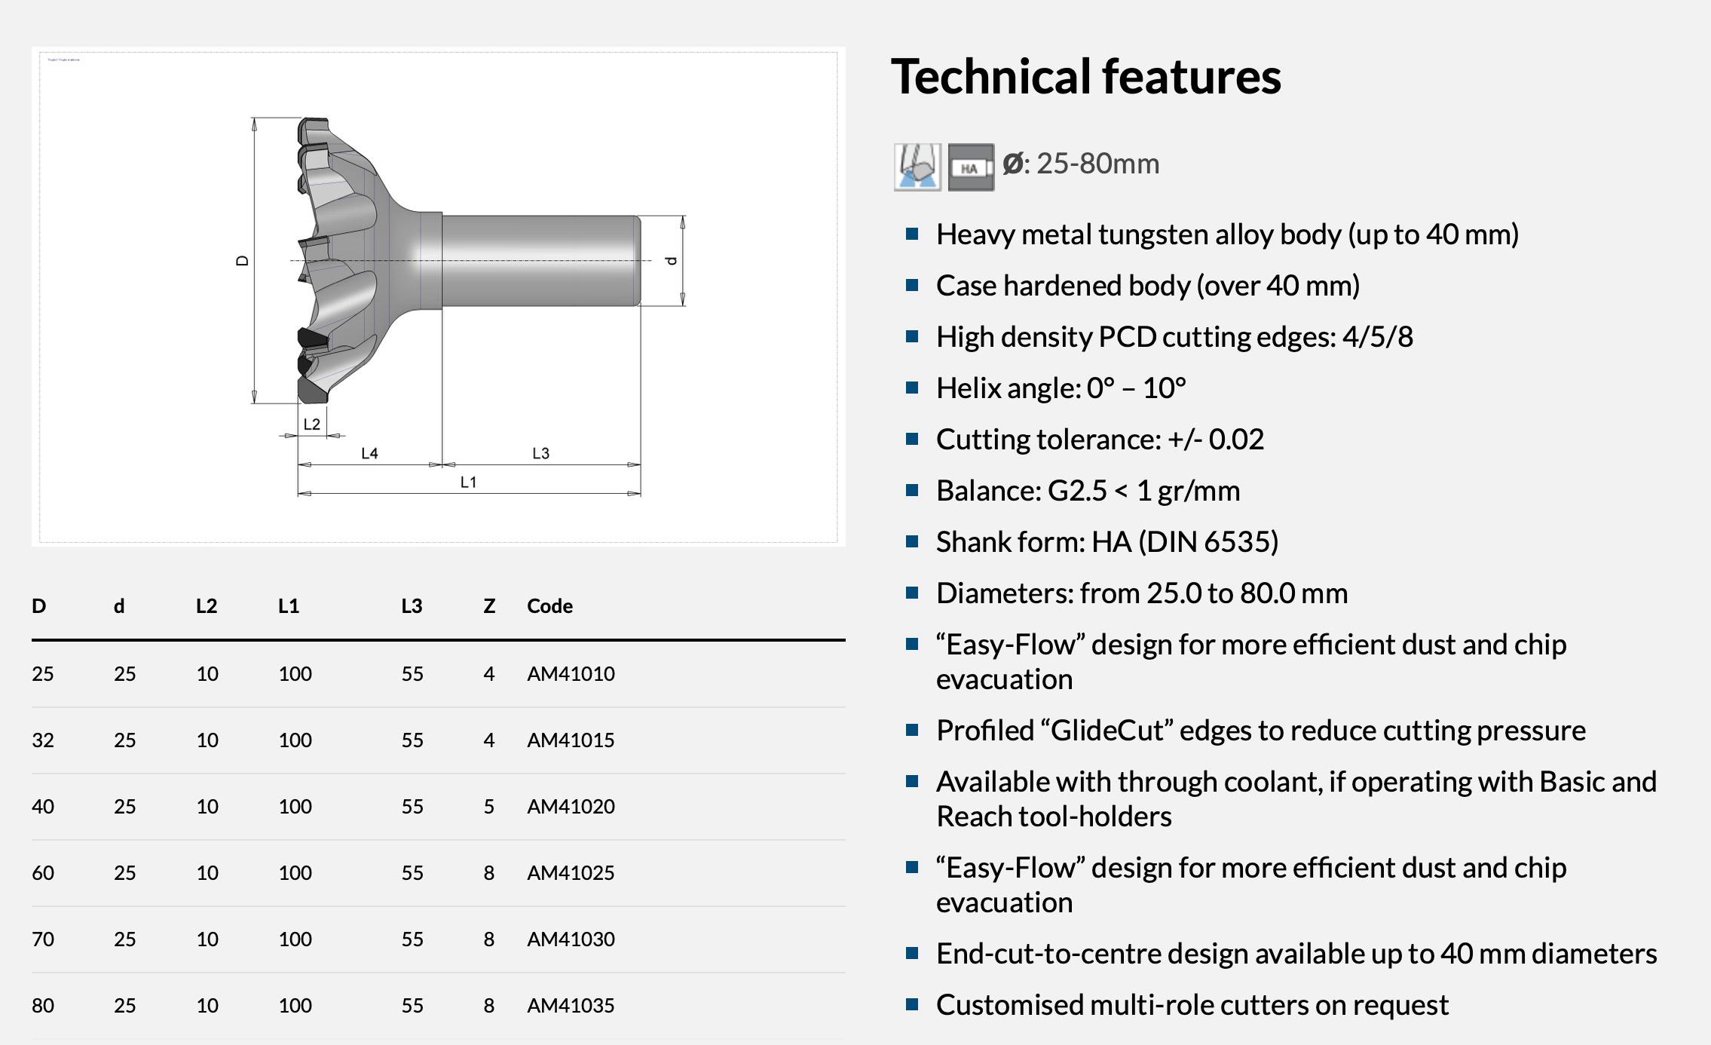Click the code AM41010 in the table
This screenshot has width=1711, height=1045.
571,674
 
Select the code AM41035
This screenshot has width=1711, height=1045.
571,1006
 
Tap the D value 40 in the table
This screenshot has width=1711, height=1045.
43,807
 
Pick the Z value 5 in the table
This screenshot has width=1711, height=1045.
489,807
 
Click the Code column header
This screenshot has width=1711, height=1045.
549,606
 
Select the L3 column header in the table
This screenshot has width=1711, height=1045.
412,606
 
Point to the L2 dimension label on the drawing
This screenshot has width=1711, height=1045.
312,424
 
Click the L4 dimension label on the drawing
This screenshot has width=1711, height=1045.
369,453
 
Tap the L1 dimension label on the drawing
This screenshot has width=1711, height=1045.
469,482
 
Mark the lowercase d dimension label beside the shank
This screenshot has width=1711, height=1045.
671,261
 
